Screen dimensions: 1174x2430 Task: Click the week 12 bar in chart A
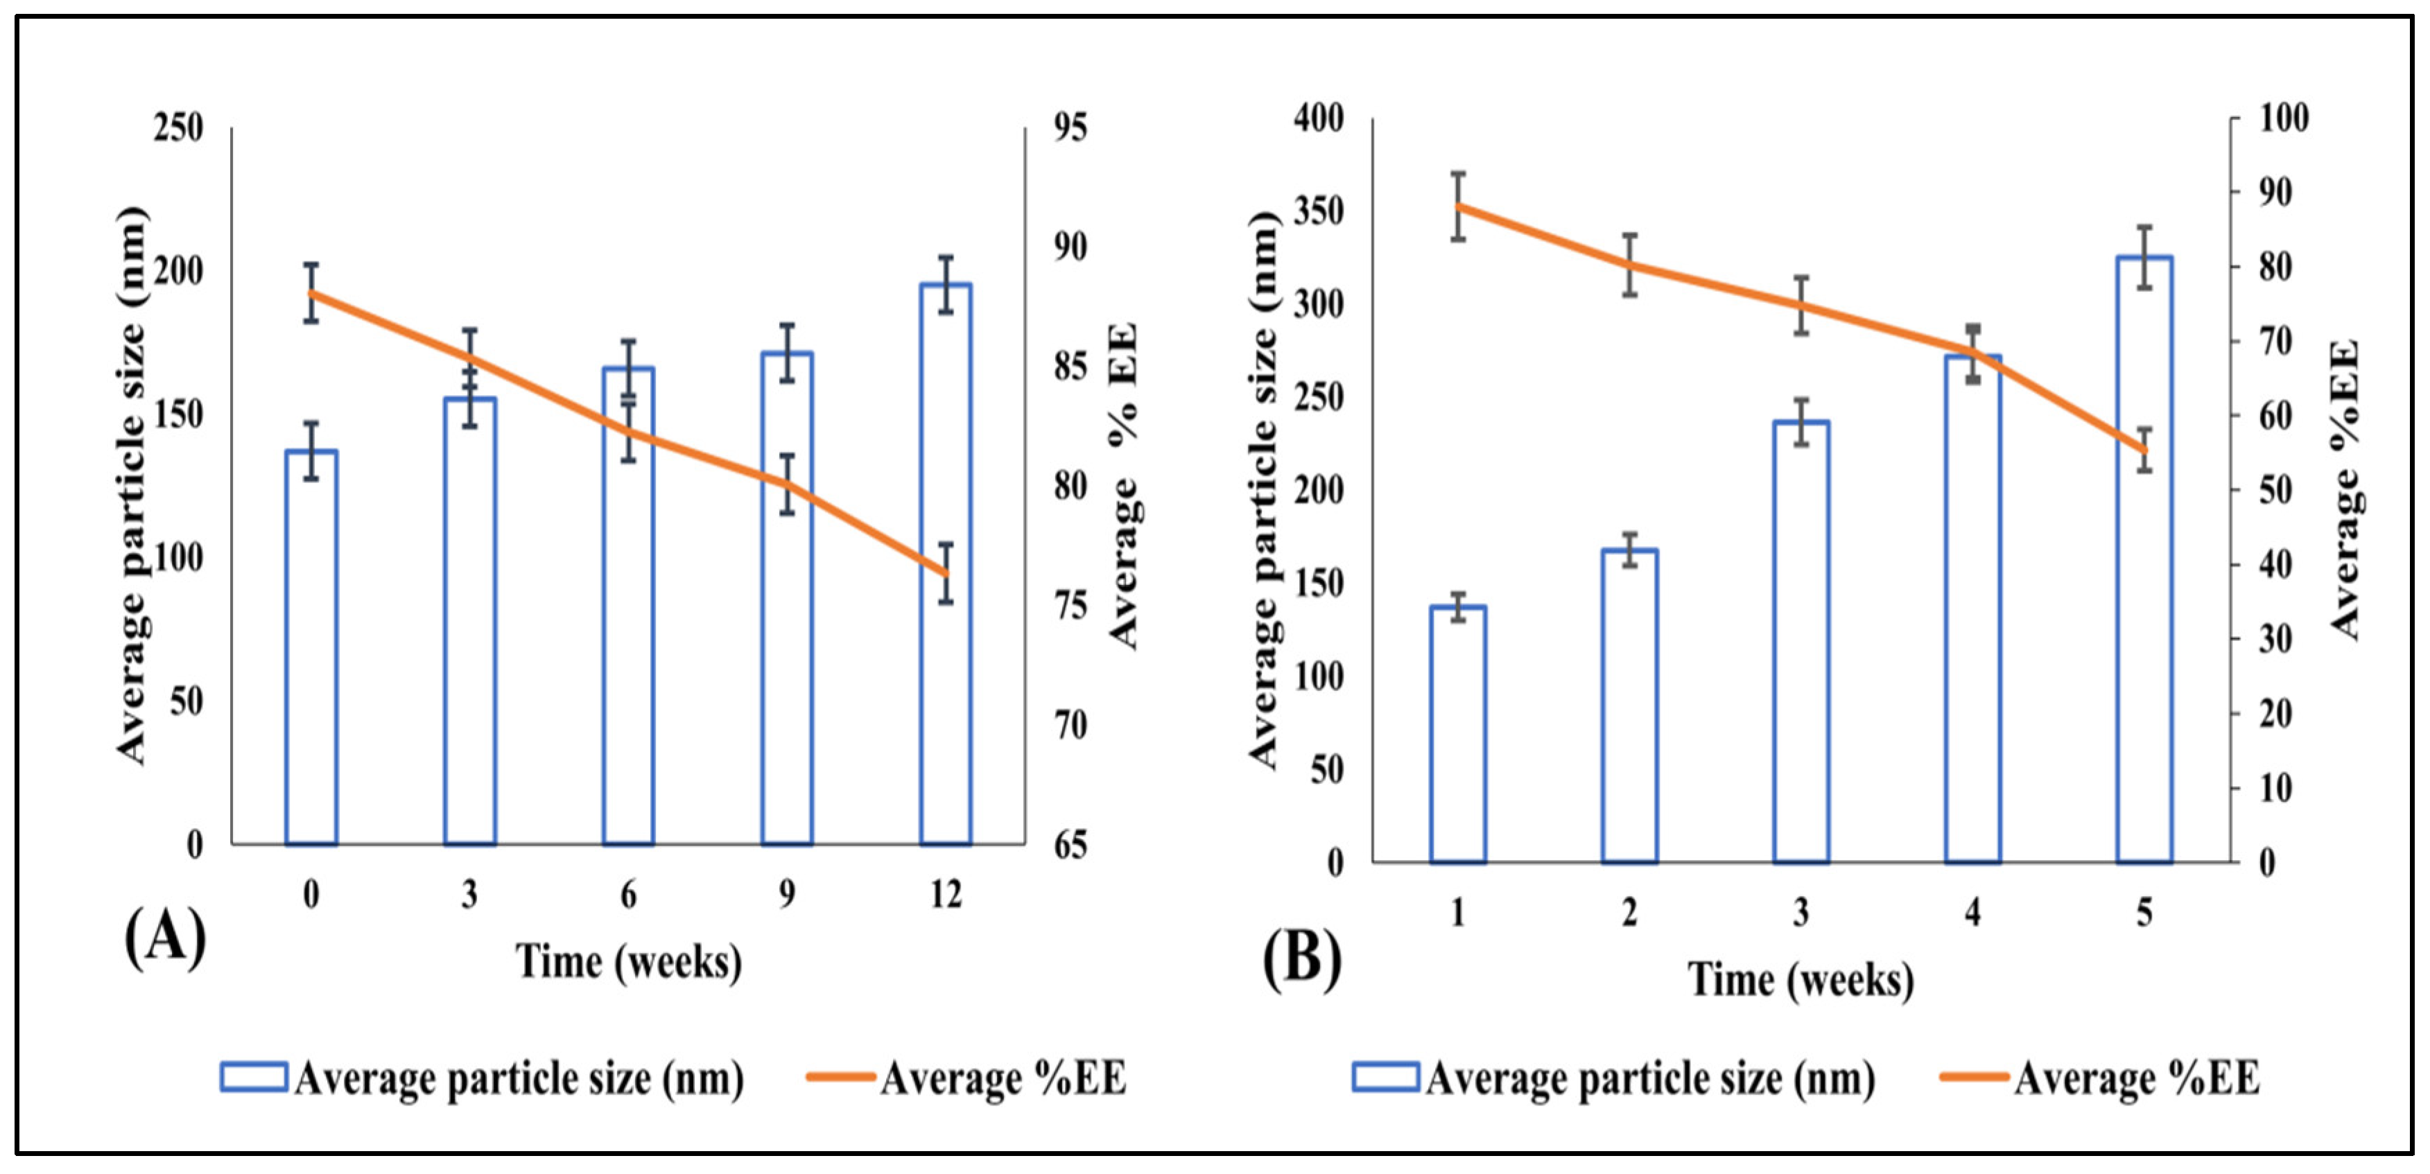(945, 566)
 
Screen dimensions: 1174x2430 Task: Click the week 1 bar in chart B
(1459, 735)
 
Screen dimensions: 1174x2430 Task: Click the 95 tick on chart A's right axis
(1070, 128)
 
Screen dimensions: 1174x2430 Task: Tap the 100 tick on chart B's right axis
(2284, 119)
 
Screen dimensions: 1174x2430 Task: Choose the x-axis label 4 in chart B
(1972, 913)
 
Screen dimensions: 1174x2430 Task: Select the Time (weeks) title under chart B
(1800, 981)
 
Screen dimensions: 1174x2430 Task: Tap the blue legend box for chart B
(1385, 1077)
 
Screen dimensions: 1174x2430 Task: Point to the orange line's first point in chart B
(1459, 206)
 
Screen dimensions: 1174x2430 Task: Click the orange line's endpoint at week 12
(945, 573)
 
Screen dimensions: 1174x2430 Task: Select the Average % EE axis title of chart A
(1124, 486)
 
